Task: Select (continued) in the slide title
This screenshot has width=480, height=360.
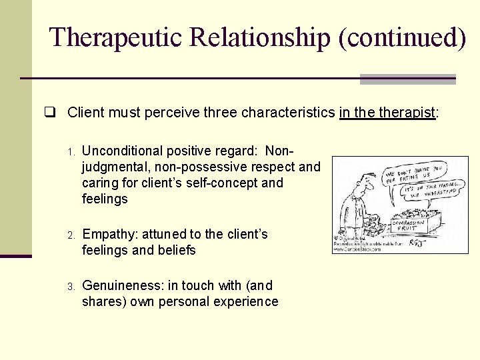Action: [x=402, y=37]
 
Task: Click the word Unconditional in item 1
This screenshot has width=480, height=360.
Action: [x=122, y=151]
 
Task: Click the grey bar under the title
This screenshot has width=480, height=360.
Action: [x=407, y=79]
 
